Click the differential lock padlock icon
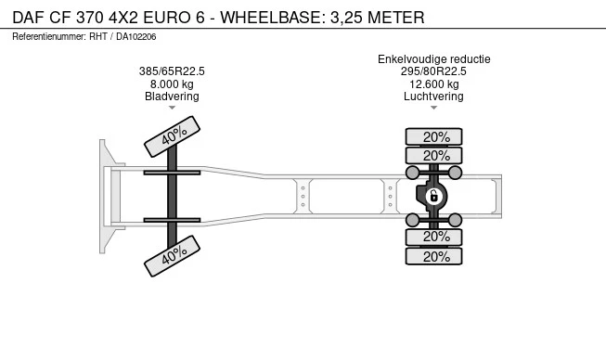[433, 196]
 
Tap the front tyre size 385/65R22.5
[172, 71]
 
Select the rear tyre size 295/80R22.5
[433, 71]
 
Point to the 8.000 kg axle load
[172, 84]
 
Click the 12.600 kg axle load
[434, 84]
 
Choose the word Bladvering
[172, 96]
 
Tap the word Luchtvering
[433, 96]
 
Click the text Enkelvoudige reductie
[434, 59]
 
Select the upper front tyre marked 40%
[172, 136]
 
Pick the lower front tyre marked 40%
[172, 256]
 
